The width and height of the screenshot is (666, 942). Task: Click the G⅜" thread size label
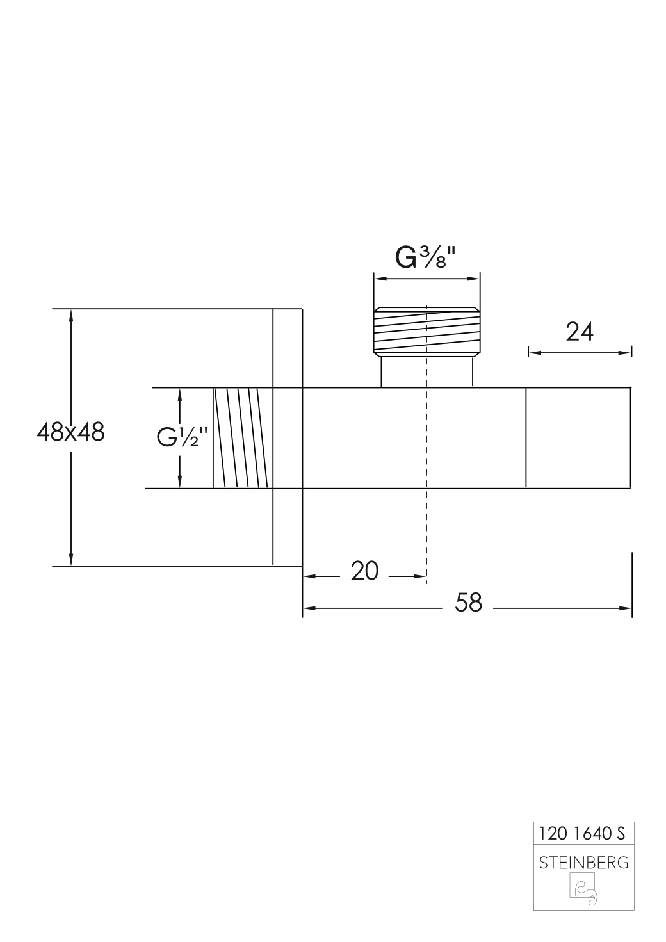425,257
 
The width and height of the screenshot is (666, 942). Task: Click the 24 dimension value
580,332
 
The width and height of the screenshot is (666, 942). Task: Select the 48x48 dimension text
70,432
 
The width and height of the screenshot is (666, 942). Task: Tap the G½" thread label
183,439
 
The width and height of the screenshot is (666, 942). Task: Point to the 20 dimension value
365,570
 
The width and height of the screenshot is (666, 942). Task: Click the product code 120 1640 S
582,833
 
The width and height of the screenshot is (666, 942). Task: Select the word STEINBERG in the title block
583,863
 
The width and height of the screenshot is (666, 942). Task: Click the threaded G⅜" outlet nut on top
426,332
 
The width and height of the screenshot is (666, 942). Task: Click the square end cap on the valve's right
578,438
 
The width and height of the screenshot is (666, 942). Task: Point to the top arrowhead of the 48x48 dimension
71,314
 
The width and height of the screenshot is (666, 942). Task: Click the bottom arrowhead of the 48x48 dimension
71,561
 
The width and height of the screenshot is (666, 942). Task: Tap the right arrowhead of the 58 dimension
627,608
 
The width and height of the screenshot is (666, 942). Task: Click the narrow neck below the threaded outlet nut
426,372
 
